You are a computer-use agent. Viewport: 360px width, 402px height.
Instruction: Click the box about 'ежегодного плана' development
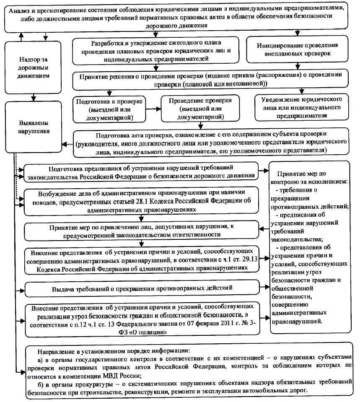click(155, 51)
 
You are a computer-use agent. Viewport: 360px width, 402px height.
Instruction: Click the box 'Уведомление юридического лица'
click(299, 107)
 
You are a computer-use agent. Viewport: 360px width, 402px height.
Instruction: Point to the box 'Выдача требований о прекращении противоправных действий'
click(142, 288)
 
